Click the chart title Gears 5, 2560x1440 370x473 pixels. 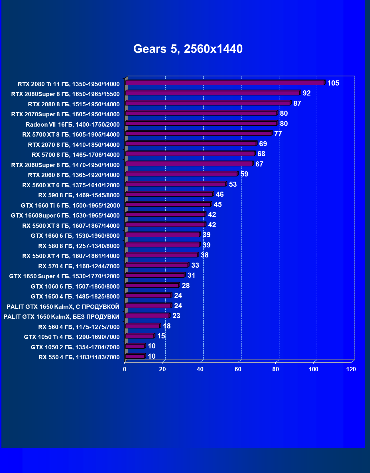pyautogui.click(x=188, y=49)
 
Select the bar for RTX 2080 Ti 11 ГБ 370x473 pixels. pyautogui.click(x=225, y=83)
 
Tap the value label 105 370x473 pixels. pyautogui.click(x=333, y=83)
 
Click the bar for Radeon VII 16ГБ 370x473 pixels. pyautogui.click(x=201, y=123)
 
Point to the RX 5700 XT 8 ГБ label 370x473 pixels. pyautogui.click(x=71, y=135)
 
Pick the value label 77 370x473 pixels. pyautogui.click(x=278, y=134)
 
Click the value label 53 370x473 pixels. pyautogui.click(x=233, y=184)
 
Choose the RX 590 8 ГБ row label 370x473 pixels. pyautogui.click(x=79, y=195)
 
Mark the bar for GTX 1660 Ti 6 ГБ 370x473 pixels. pyautogui.click(x=168, y=204)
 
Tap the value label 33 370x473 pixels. pyautogui.click(x=195, y=265)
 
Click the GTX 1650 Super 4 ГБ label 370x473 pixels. pyautogui.click(x=64, y=276)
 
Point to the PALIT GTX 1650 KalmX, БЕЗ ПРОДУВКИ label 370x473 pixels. pyautogui.click(x=61, y=317)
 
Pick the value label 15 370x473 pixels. pyautogui.click(x=161, y=336)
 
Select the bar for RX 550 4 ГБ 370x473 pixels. pyautogui.click(x=135, y=356)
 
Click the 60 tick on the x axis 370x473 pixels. pyautogui.click(x=238, y=370)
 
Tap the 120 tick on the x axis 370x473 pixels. pyautogui.click(x=351, y=370)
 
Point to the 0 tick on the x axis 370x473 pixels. pyautogui.click(x=125, y=370)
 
